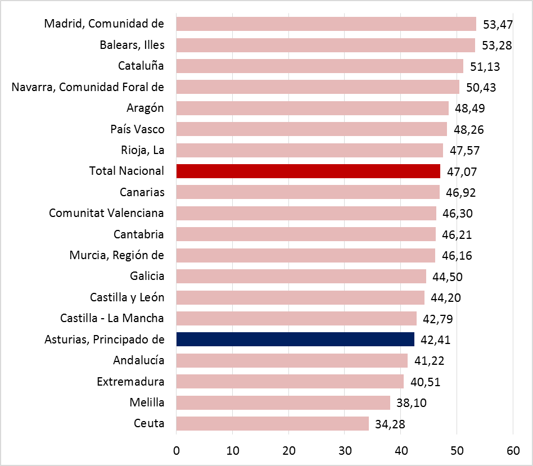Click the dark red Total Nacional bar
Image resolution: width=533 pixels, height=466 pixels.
coord(308,171)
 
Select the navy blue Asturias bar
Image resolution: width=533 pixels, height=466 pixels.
coord(295,339)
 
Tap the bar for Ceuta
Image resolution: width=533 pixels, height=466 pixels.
coord(272,423)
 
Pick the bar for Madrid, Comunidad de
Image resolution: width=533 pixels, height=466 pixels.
coord(326,24)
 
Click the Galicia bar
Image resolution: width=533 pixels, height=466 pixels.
coord(301,276)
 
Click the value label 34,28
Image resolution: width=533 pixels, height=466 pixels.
coord(390,424)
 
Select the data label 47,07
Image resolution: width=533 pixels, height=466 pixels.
coord(461,171)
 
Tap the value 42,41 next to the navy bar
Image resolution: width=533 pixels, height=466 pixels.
coord(435,340)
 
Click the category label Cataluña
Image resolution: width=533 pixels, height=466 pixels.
coord(141,66)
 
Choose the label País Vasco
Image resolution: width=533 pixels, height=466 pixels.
coord(138,129)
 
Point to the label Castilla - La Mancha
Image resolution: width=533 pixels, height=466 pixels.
coord(112,318)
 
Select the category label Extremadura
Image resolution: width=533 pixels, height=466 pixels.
coord(130,382)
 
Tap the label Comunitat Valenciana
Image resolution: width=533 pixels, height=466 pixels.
coord(106,213)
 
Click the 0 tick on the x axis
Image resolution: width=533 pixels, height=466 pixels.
coord(176,450)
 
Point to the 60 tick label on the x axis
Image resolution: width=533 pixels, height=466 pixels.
coord(513,450)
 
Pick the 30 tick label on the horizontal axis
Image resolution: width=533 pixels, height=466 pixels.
coord(345,450)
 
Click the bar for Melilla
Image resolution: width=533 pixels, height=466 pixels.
coord(283,402)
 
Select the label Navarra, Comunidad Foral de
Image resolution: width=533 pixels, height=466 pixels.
coord(88,87)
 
